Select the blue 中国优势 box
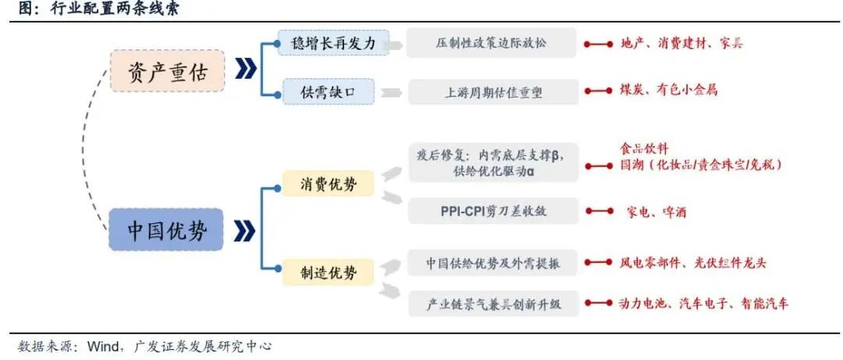166,230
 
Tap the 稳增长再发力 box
327,44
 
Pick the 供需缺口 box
327,91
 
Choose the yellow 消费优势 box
328,184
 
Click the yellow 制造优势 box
328,272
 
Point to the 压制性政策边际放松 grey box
492,44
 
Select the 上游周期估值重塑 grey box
492,91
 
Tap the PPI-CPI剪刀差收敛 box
492,211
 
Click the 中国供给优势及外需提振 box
492,262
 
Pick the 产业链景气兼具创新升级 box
492,302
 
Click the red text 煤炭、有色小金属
668,91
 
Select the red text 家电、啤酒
656,211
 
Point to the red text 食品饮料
644,148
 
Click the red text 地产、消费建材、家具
681,44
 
